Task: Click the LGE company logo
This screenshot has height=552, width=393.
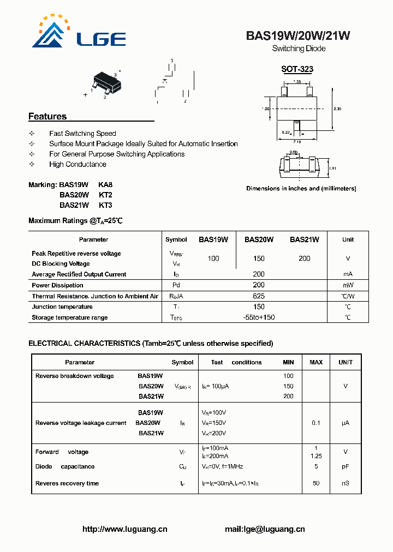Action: pos(79,33)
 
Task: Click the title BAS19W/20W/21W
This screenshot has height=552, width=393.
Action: pos(298,36)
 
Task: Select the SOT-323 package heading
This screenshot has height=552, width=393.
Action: pos(297,69)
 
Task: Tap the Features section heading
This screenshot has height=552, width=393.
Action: pos(47,116)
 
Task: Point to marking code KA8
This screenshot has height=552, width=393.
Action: pos(105,185)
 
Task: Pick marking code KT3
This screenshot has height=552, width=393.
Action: pos(105,205)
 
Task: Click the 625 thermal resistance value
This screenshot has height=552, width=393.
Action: pos(259,296)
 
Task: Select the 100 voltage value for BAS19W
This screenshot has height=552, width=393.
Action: pos(213,259)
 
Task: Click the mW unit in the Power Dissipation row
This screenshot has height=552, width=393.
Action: pos(348,285)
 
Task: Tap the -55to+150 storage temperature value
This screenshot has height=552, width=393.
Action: pos(259,317)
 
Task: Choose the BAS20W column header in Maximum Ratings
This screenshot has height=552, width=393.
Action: pos(259,239)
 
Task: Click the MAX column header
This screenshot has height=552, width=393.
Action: pos(316,362)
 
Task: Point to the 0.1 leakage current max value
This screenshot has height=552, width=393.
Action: pos(316,423)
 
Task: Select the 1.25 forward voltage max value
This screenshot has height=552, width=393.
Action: pos(316,456)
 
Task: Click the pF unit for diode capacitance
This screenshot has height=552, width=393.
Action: pos(345,467)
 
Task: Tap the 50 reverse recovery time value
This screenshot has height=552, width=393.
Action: pos(316,484)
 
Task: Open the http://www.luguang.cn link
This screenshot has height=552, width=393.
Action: pos(124,529)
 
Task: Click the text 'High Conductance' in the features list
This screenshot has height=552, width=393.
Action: pos(78,164)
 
